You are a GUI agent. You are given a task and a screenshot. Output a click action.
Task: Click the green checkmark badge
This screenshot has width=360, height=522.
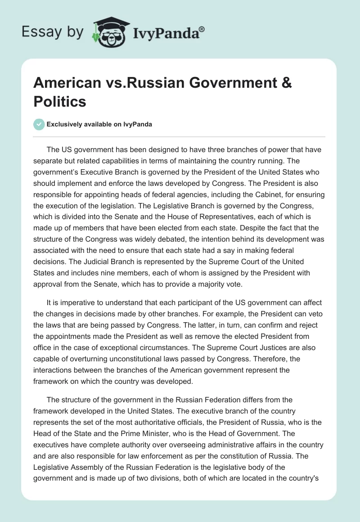40,124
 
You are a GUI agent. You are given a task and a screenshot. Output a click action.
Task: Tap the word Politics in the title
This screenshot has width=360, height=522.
59,101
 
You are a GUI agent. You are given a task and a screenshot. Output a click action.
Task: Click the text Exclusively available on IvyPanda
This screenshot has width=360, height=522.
99,125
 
